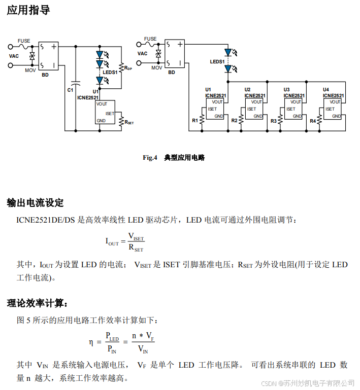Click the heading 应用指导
pyautogui.click(x=28, y=10)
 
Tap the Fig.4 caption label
pyautogui.click(x=150, y=158)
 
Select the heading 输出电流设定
pyautogui.click(x=35, y=203)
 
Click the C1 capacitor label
pyautogui.click(x=70, y=90)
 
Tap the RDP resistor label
pyautogui.click(x=128, y=67)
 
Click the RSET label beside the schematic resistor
pyautogui.click(x=129, y=122)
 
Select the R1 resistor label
pyautogui.click(x=194, y=121)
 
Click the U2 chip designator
pyautogui.click(x=247, y=90)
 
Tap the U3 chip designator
pyautogui.click(x=286, y=90)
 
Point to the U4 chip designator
pyautogui.click(x=325, y=90)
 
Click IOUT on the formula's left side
pyautogui.click(x=112, y=242)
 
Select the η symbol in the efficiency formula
pyautogui.click(x=91, y=342)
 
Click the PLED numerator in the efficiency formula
pyautogui.click(x=112, y=336)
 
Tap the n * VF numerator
pyautogui.click(x=143, y=336)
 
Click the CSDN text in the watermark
pyautogui.click(x=268, y=383)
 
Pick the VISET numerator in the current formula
pyautogui.click(x=136, y=236)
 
